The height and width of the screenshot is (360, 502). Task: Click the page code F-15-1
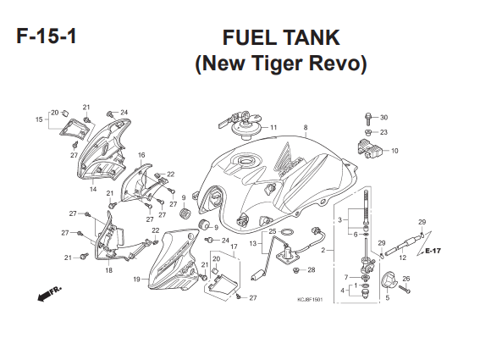(x=47, y=36)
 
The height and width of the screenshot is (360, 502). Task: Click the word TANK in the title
(x=310, y=37)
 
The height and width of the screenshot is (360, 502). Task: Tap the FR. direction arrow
(x=49, y=293)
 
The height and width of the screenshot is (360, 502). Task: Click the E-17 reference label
(x=433, y=251)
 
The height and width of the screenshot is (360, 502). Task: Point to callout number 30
(x=383, y=118)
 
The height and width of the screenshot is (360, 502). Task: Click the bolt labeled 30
(x=368, y=119)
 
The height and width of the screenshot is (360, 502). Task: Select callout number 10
(x=394, y=151)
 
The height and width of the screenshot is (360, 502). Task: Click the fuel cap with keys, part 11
(x=240, y=125)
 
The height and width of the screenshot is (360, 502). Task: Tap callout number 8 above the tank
(x=306, y=127)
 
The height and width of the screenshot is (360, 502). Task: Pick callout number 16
(x=141, y=155)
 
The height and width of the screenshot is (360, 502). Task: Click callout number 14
(x=93, y=189)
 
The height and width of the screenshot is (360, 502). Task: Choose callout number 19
(x=136, y=280)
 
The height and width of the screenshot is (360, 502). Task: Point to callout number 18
(x=109, y=270)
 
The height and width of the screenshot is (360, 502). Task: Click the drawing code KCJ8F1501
(x=310, y=300)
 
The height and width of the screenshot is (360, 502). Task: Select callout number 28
(x=312, y=270)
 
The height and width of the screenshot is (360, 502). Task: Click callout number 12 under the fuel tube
(x=402, y=258)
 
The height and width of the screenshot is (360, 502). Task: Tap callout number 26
(x=406, y=279)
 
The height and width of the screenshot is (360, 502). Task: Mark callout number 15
(x=39, y=119)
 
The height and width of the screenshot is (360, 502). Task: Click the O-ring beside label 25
(x=287, y=231)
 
